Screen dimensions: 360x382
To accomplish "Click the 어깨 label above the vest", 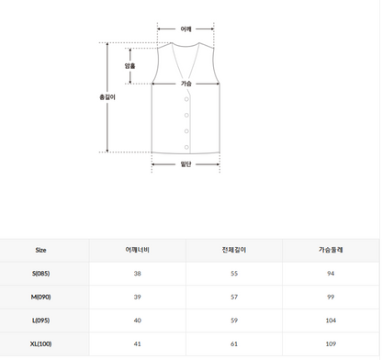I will [185, 29].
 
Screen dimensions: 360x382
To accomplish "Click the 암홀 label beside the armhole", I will [129, 66].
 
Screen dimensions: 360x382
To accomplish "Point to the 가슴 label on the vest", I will [185, 84].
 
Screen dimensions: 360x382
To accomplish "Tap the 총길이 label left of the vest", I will [107, 96].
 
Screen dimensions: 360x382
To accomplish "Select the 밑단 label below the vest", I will [185, 164].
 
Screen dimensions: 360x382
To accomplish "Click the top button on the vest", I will [186, 99].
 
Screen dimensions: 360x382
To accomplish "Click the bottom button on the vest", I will [186, 146].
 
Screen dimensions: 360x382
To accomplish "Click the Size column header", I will [40, 250].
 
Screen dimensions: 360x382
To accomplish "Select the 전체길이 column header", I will [235, 250].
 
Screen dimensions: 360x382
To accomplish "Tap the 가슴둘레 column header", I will [331, 250].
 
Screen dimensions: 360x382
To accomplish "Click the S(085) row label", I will [40, 274].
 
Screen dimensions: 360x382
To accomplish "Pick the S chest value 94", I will [331, 274].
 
